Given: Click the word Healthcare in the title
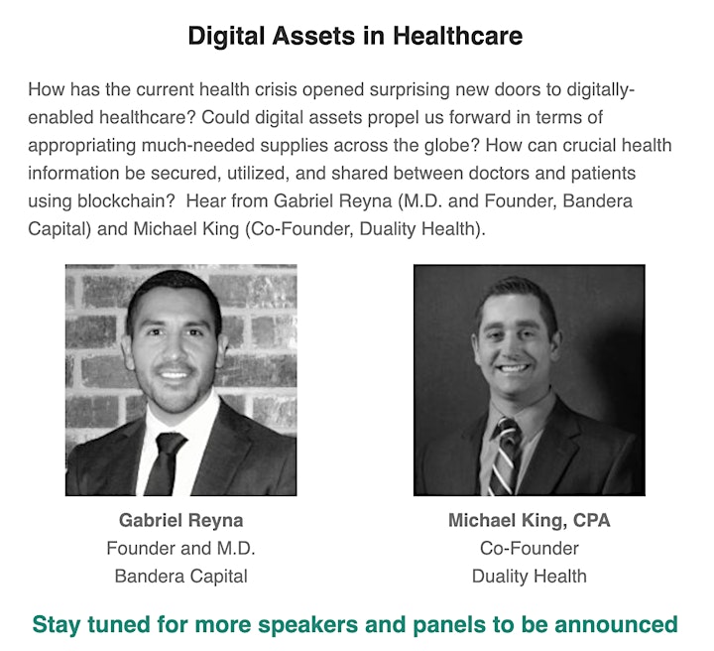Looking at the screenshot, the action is tap(457, 36).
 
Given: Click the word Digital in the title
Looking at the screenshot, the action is tap(226, 36).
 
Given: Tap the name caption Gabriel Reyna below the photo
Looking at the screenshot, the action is tap(180, 521).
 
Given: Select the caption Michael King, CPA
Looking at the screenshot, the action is tap(530, 521).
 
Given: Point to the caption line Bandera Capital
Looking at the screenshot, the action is tap(180, 577).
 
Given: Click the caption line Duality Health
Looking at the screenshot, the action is tap(530, 577).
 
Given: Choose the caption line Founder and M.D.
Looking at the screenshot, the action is tap(180, 549).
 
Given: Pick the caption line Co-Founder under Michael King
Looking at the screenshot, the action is tap(530, 549).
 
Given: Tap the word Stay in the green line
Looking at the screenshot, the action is tap(57, 625).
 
